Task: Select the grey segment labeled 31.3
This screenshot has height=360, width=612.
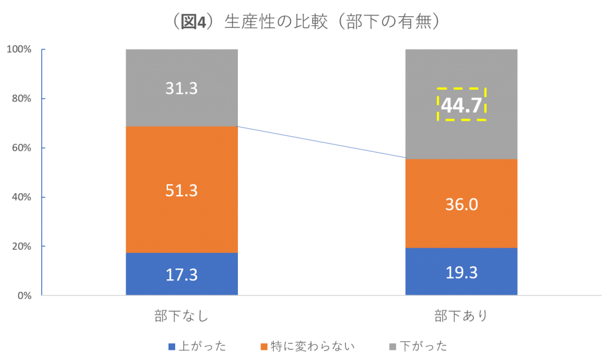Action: click(x=182, y=88)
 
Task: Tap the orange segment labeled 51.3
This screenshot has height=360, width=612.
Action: click(x=182, y=190)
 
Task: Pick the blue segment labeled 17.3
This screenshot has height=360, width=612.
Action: click(x=182, y=274)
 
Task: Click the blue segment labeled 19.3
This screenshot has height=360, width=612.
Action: click(x=461, y=272)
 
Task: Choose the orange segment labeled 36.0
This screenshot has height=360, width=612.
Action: click(x=461, y=204)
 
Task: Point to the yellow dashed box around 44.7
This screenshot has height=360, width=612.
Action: click(x=461, y=105)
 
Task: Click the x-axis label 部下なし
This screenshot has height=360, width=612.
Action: click(x=181, y=316)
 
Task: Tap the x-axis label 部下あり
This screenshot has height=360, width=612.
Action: click(x=461, y=316)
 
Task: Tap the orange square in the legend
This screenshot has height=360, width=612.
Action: click(x=265, y=347)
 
